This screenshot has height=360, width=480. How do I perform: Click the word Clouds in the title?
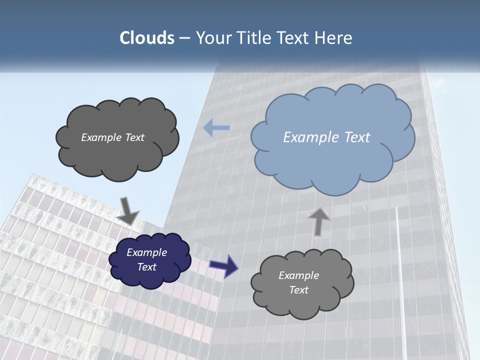[146, 38]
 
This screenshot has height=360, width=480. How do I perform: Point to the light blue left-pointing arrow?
[216, 128]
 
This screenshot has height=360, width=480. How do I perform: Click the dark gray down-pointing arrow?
[128, 211]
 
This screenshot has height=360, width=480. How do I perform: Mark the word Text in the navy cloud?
[147, 267]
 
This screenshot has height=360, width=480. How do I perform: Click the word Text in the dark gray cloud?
[134, 137]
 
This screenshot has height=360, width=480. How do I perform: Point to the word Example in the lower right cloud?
[298, 275]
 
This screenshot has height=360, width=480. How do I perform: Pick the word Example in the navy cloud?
[146, 252]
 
